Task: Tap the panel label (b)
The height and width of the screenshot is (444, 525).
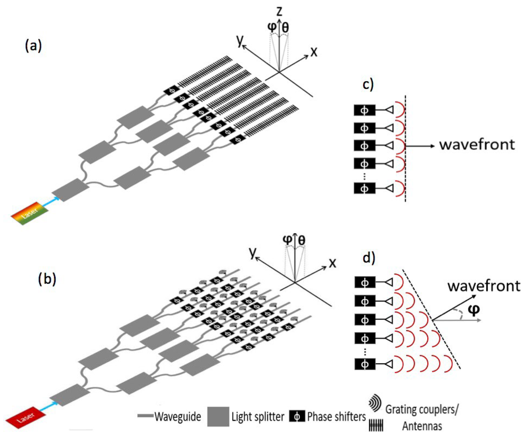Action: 47,279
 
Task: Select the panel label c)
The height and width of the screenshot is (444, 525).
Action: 368,85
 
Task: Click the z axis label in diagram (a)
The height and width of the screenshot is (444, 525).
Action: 279,12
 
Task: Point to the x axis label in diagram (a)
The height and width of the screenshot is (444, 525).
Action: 314,52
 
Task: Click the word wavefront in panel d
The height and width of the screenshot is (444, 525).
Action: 484,286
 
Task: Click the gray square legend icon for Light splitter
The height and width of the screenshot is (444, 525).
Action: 218,417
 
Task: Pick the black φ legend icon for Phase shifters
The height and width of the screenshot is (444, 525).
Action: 297,417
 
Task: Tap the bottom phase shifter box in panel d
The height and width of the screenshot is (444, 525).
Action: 365,364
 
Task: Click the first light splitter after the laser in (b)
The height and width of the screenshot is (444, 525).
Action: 69,395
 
